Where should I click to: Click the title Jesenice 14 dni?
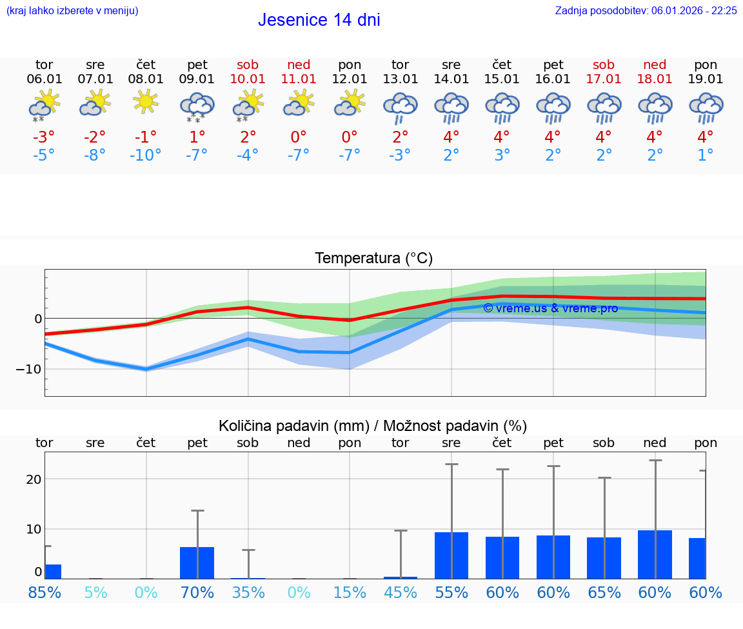click(319, 20)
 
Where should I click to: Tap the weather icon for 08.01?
click(146, 102)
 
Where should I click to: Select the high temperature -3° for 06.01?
click(44, 137)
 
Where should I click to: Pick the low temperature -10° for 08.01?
click(146, 155)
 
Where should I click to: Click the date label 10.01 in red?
click(248, 79)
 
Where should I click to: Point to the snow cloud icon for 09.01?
click(197, 106)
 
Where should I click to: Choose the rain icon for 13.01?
click(401, 106)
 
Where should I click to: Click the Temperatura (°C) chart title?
click(373, 259)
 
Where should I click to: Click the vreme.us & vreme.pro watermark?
click(550, 308)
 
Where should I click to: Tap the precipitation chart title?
click(373, 426)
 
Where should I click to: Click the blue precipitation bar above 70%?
click(197, 563)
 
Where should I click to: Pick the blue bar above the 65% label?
click(604, 558)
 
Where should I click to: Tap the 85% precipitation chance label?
click(45, 592)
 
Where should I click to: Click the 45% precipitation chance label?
click(401, 592)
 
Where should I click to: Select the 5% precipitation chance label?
click(95, 592)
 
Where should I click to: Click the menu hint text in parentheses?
click(72, 10)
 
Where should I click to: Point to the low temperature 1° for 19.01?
click(706, 155)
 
